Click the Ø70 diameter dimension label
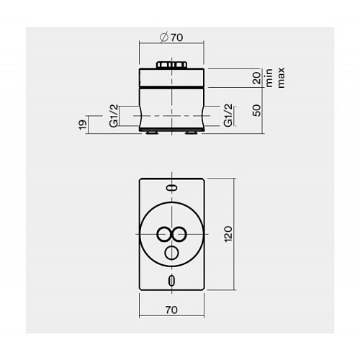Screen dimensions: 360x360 pyautogui.click(x=171, y=37)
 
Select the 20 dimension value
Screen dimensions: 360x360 pyautogui.click(x=256, y=78)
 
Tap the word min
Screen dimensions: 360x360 pyautogui.click(x=269, y=78)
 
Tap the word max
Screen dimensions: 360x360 pyautogui.click(x=281, y=78)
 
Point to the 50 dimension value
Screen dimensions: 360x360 pyautogui.click(x=256, y=110)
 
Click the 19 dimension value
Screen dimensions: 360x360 pyautogui.click(x=83, y=125)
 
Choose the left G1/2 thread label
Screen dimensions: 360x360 pyautogui.click(x=114, y=116)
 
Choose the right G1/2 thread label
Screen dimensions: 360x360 pyautogui.click(x=228, y=115)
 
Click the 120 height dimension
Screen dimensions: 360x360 pyautogui.click(x=228, y=234)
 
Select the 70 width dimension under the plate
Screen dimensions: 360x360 pyautogui.click(x=171, y=310)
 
